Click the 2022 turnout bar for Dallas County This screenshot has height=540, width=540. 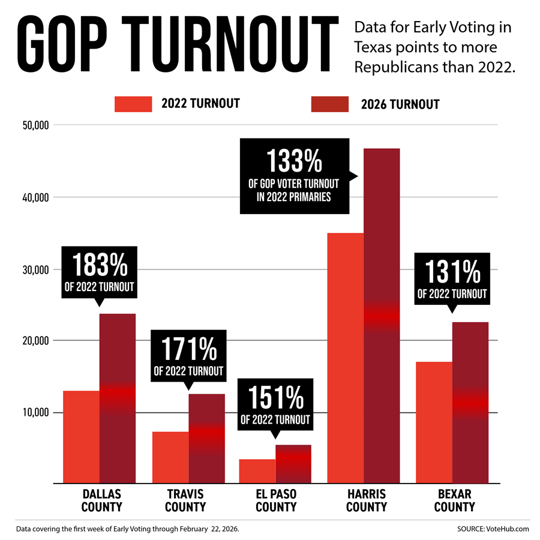[81, 437]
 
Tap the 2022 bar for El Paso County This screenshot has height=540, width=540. [257, 471]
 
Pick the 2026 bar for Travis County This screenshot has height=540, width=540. [207, 438]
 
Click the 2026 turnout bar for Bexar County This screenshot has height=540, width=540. [470, 402]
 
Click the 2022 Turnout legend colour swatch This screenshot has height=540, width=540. [133, 104]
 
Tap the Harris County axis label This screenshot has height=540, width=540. [367, 500]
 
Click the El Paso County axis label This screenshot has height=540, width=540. [276, 500]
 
